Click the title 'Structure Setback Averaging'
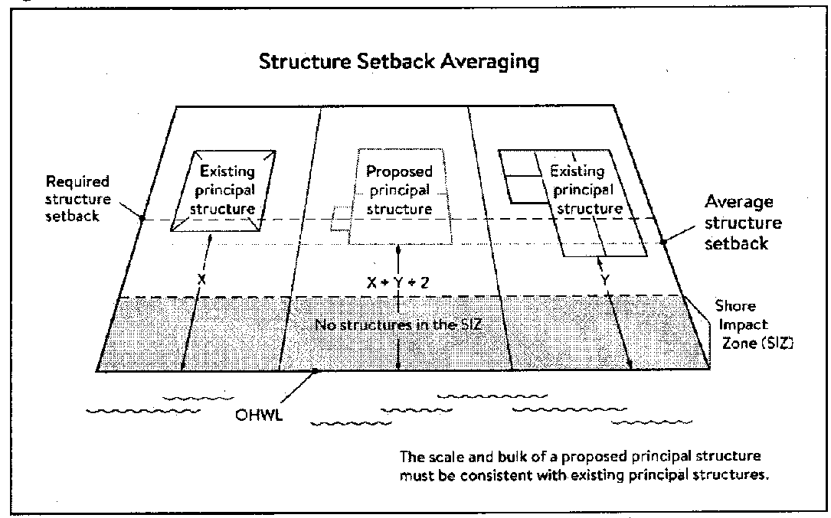click(398, 61)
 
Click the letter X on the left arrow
click(201, 280)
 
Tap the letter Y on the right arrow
click(605, 281)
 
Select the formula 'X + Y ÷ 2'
click(398, 282)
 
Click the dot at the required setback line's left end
click(142, 218)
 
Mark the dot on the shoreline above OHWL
click(314, 372)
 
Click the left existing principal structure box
click(225, 189)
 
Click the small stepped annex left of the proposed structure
click(339, 220)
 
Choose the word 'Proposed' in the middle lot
click(399, 171)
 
